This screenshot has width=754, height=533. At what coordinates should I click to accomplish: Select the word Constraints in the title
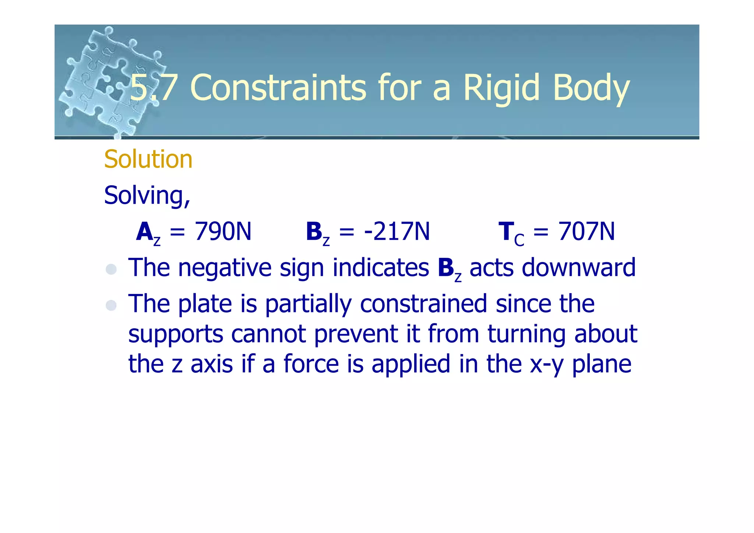(278, 88)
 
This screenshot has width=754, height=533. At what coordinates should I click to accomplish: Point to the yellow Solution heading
(148, 159)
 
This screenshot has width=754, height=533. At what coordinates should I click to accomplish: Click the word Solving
(147, 195)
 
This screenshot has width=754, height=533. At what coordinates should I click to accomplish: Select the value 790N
(223, 231)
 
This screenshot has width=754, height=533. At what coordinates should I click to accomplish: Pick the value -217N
(397, 231)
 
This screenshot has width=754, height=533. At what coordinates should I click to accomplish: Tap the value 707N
(586, 231)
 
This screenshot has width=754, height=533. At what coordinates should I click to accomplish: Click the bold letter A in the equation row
(144, 232)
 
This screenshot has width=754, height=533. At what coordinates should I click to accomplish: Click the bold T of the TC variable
(506, 231)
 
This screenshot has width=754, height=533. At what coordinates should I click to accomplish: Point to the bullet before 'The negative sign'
(111, 269)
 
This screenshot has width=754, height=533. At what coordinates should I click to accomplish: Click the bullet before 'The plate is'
(111, 305)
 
